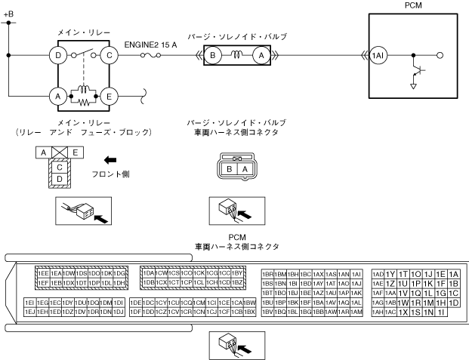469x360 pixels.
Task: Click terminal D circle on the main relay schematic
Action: click(55, 55)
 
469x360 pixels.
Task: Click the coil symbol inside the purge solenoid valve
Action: click(237, 54)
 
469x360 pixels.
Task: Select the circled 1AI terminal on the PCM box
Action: click(377, 55)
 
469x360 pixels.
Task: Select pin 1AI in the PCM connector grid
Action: click(358, 273)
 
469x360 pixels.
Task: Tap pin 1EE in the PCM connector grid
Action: click(43, 272)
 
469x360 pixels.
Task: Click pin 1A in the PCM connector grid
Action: click(453, 273)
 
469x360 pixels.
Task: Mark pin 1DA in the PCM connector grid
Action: click(149, 272)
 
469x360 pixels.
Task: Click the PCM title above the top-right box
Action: click(413, 5)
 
